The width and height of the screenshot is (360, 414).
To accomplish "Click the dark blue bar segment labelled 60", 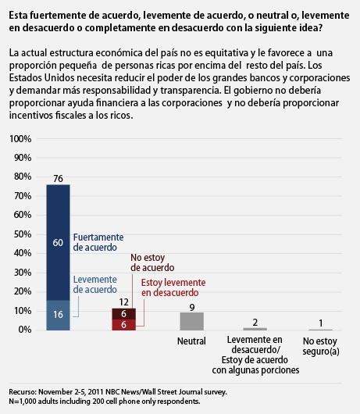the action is tap(59, 242).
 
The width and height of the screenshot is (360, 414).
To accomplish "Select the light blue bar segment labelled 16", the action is tap(59, 316).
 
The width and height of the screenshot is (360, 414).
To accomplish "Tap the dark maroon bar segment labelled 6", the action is tap(124, 314).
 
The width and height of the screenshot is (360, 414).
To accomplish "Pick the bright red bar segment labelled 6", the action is tap(124, 325).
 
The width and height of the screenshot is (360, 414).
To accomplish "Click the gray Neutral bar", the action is tap(192, 321).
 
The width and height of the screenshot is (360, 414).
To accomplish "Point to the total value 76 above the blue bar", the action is tap(59, 179).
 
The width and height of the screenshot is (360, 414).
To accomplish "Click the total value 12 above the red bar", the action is tap(124, 302).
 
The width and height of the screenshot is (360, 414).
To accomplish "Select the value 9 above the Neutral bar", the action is tap(192, 307).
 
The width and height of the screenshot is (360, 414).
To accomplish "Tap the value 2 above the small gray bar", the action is tap(255, 323).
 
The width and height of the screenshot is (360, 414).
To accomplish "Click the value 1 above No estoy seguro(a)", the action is tap(321, 323).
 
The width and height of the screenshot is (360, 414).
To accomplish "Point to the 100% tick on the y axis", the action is tap(20, 138).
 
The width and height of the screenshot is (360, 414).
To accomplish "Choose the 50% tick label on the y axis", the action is tap(23, 234).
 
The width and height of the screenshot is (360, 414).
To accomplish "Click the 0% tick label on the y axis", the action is tap(25, 330).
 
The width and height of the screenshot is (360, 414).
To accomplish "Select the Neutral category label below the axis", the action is tap(191, 341).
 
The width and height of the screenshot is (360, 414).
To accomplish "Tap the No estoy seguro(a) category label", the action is tap(321, 346).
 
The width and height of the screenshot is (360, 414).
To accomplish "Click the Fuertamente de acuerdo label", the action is tap(98, 242).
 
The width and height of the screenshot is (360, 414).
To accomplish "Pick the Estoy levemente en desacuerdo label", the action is tap(173, 287).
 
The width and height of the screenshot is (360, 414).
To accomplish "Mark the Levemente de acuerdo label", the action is tap(95, 284).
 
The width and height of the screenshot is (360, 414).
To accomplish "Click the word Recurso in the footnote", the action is tap(23, 392).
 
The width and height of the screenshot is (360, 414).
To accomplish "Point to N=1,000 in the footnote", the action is tap(23, 402).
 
